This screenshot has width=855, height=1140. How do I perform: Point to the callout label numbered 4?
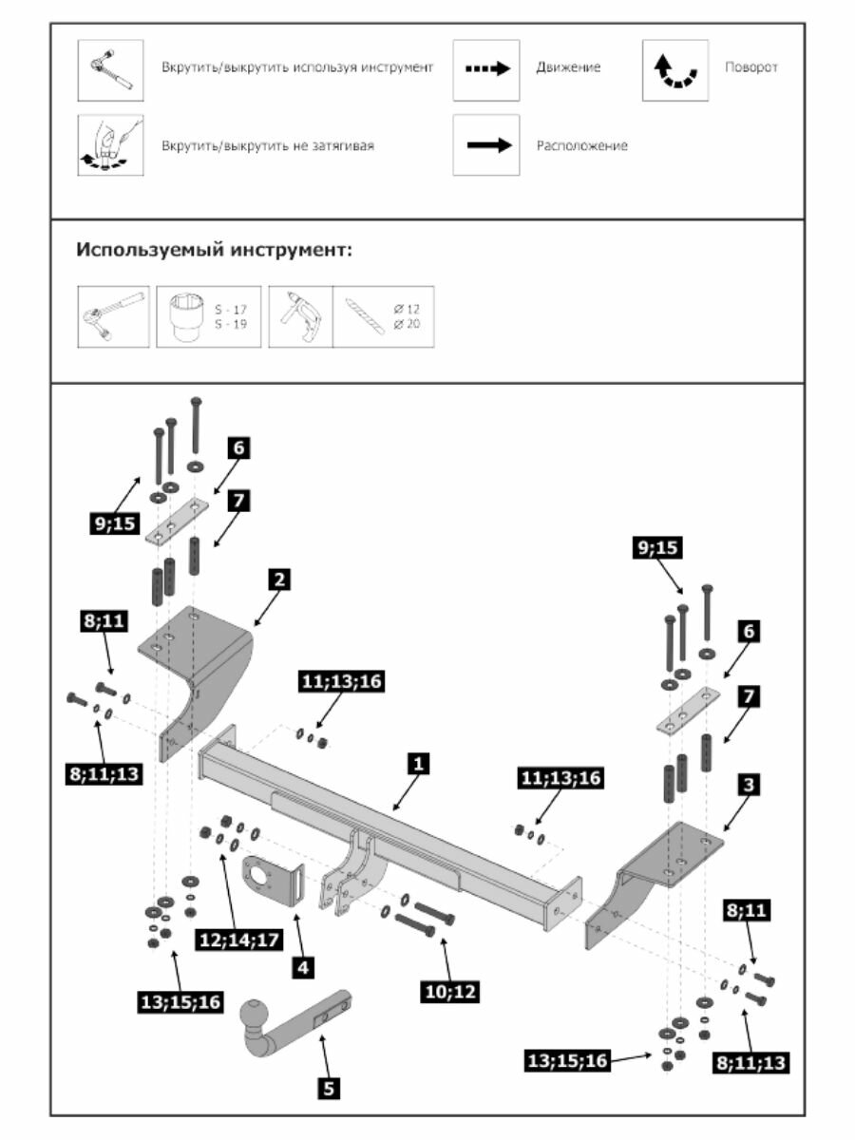click(x=302, y=968)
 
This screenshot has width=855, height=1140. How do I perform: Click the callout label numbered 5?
click(x=329, y=1089)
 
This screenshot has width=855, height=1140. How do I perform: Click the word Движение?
click(x=568, y=68)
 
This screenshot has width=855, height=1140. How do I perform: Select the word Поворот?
click(x=750, y=68)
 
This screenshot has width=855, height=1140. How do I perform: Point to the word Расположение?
click(x=581, y=146)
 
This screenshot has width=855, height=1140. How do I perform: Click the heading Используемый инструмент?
click(x=214, y=252)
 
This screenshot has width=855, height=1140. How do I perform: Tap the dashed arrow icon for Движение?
click(x=486, y=69)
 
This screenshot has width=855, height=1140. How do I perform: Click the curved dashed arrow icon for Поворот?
click(x=675, y=70)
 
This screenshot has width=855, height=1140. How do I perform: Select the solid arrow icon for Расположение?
click(x=486, y=146)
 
